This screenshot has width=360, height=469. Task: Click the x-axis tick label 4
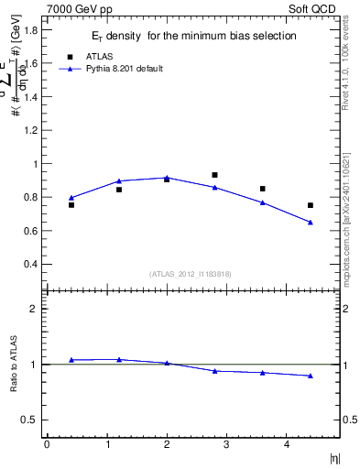pos(287,444)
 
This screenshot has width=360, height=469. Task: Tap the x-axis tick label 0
pos(47,444)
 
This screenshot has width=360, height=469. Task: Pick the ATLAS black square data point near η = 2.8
pos(214,174)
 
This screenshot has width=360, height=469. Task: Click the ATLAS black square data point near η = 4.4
pos(311,205)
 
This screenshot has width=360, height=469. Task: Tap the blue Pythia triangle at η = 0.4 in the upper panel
pos(71,197)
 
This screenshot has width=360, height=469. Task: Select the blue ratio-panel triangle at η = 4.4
pos(311,376)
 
